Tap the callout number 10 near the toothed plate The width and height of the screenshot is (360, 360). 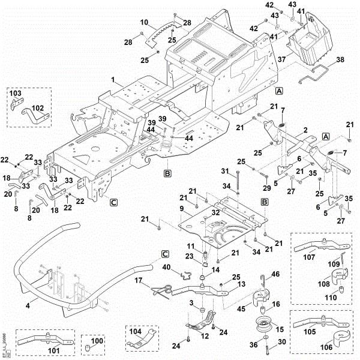pyautogui.click(x=144, y=22)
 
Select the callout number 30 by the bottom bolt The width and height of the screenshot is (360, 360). pyautogui.click(x=282, y=341)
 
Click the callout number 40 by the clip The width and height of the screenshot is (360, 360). pyautogui.click(x=167, y=268)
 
